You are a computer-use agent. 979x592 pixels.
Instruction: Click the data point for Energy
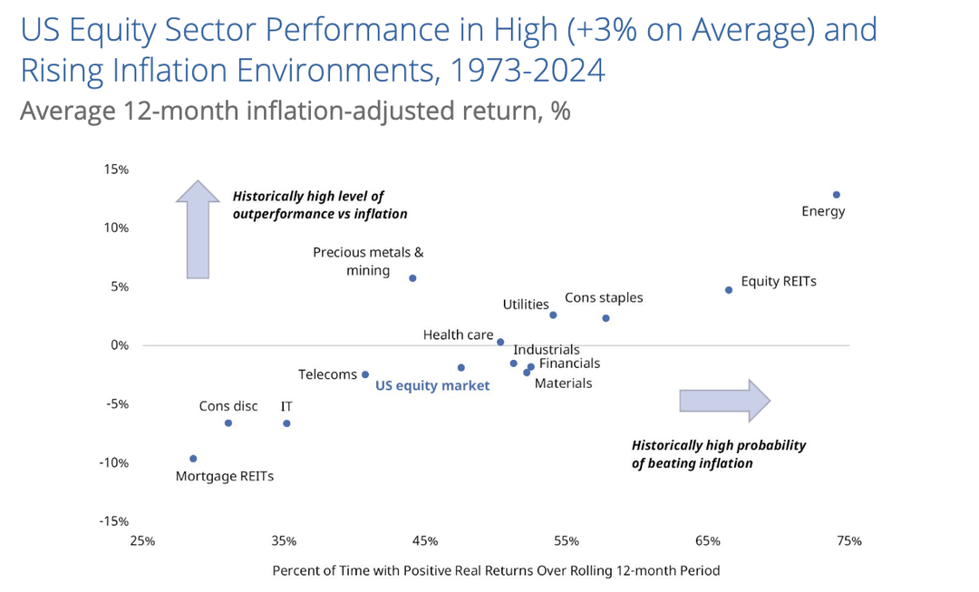tap(837, 195)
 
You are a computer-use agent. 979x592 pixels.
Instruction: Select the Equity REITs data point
tap(729, 290)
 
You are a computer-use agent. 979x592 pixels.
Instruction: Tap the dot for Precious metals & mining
tap(412, 278)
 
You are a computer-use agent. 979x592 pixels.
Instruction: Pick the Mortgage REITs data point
tap(193, 459)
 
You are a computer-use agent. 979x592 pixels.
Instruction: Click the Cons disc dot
tap(228, 423)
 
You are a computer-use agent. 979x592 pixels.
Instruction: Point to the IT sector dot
tap(286, 423)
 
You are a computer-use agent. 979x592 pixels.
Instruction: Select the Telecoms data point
tap(365, 374)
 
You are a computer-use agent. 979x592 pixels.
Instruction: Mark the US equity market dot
tap(461, 367)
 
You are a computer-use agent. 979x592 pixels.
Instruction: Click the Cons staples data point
tap(606, 318)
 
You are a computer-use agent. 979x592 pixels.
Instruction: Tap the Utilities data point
tap(553, 315)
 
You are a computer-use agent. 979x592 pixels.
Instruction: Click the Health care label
tap(458, 335)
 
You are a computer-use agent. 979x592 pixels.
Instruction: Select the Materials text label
tap(563, 383)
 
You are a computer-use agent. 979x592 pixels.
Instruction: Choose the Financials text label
tap(569, 364)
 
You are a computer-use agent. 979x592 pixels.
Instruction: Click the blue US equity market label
tap(432, 386)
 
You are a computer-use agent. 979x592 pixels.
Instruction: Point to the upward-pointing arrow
tap(198, 229)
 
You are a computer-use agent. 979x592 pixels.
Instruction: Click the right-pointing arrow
tap(724, 400)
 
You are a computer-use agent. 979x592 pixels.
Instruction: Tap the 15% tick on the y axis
tap(116, 170)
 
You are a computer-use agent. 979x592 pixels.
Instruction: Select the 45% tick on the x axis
tap(425, 541)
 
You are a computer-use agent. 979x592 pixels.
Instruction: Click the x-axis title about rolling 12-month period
tap(496, 571)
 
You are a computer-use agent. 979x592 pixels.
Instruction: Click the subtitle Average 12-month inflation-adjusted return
tap(295, 112)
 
